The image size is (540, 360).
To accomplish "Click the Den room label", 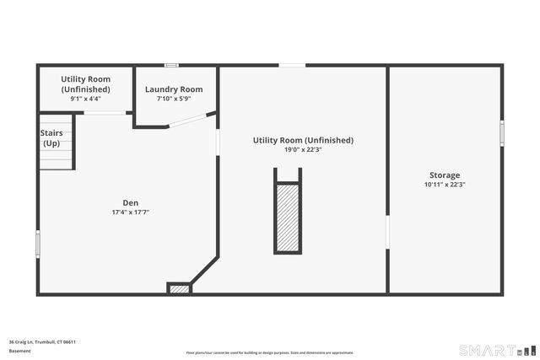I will (131, 202).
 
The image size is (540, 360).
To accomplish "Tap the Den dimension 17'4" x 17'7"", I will (131, 212).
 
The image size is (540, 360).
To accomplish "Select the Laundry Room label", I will (174, 89).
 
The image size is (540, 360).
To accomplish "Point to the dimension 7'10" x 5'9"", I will (174, 99).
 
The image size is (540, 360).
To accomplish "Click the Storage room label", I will (445, 175).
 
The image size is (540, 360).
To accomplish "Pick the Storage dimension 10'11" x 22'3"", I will (445, 185).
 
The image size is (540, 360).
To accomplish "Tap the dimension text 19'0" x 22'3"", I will (303, 150).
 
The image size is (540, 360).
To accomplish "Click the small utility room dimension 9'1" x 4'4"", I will (85, 99).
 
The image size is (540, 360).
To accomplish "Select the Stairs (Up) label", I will (51, 138).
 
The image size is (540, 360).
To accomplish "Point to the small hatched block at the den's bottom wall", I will (180, 289).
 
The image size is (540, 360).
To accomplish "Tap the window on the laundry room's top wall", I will (171, 65).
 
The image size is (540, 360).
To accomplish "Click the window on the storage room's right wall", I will (502, 132).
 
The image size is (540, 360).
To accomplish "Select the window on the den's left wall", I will (37, 244).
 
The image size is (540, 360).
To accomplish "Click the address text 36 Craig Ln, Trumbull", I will (42, 342).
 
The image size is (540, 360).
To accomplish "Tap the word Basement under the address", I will (19, 351).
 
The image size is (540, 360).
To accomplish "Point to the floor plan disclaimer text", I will (269, 353).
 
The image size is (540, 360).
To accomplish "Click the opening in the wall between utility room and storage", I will (387, 233).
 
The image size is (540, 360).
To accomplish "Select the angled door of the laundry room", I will (192, 120).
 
